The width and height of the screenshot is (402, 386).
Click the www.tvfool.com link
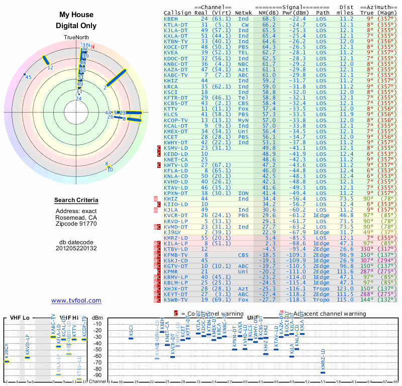pos(76,301)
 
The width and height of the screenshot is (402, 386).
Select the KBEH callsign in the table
pos(171,19)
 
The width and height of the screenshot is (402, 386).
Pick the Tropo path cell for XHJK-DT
pos(323,289)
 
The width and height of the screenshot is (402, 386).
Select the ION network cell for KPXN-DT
pos(244,192)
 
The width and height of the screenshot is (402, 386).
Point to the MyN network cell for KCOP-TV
pos(244,120)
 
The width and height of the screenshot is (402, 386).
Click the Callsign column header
pos(178,13)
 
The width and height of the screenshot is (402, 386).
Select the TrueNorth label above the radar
pos(76,38)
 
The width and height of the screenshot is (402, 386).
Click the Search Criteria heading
pos(76,201)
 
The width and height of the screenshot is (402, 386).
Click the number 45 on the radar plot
pos(29,77)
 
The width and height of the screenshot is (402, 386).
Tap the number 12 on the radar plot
pos(50,67)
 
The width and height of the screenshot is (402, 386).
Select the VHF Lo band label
pos(19,318)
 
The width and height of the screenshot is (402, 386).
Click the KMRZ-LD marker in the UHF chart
pos(323,372)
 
